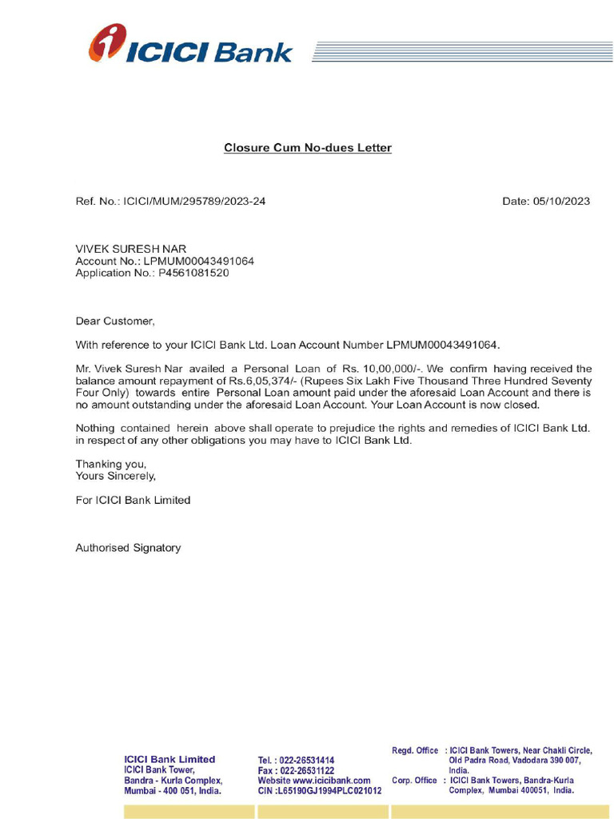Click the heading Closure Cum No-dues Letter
[x=308, y=148]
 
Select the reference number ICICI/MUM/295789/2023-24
[x=195, y=201]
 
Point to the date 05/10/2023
[x=561, y=201]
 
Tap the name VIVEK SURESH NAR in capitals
[x=131, y=249]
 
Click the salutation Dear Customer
[x=114, y=321]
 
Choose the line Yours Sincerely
[x=116, y=476]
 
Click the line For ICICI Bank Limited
[x=133, y=500]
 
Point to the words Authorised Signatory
[x=128, y=548]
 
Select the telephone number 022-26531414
[x=307, y=761]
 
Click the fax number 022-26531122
[x=307, y=770]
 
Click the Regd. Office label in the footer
[x=415, y=750]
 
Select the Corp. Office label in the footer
[x=414, y=780]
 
